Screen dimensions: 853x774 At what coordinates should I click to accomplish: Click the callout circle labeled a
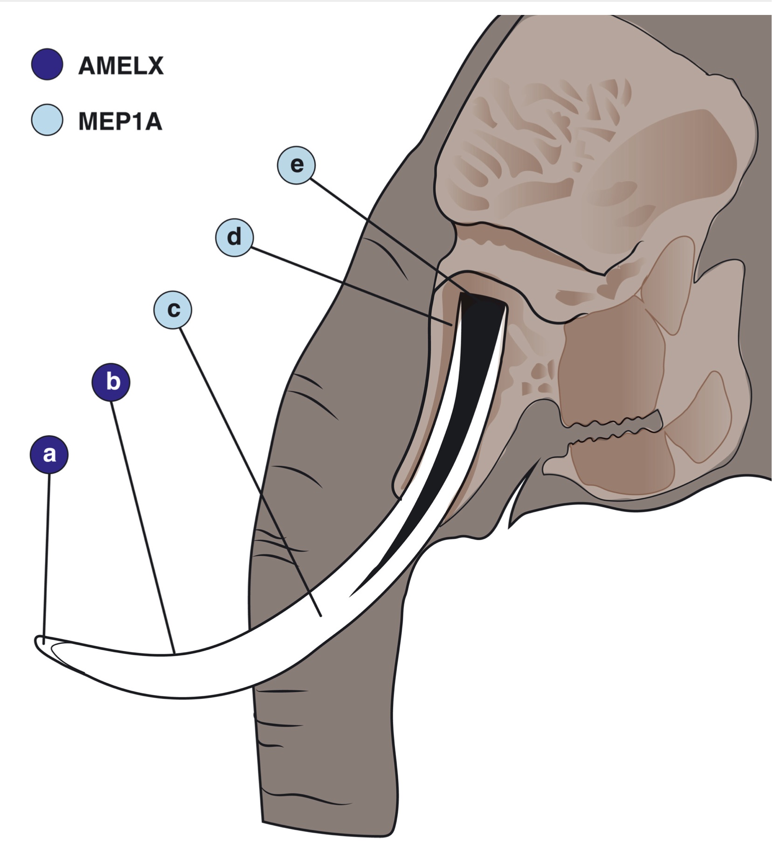click(x=49, y=454)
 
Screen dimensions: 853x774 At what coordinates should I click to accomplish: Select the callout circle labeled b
click(x=111, y=382)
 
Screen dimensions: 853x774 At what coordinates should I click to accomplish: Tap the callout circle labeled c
click(x=173, y=309)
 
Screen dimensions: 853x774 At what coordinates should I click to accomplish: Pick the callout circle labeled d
click(x=235, y=238)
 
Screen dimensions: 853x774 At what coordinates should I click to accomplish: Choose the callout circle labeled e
click(x=297, y=165)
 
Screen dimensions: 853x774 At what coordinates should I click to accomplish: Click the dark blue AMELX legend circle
click(x=47, y=64)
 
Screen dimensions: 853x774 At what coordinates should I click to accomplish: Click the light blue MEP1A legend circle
click(x=47, y=120)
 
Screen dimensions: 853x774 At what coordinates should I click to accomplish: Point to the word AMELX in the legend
click(x=121, y=65)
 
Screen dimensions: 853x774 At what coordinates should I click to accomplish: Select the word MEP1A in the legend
click(x=120, y=121)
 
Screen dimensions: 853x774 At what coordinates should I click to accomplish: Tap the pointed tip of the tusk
click(x=38, y=642)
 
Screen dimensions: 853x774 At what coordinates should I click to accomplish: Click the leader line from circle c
click(x=247, y=462)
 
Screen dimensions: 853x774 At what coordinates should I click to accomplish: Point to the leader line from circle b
click(x=142, y=518)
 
